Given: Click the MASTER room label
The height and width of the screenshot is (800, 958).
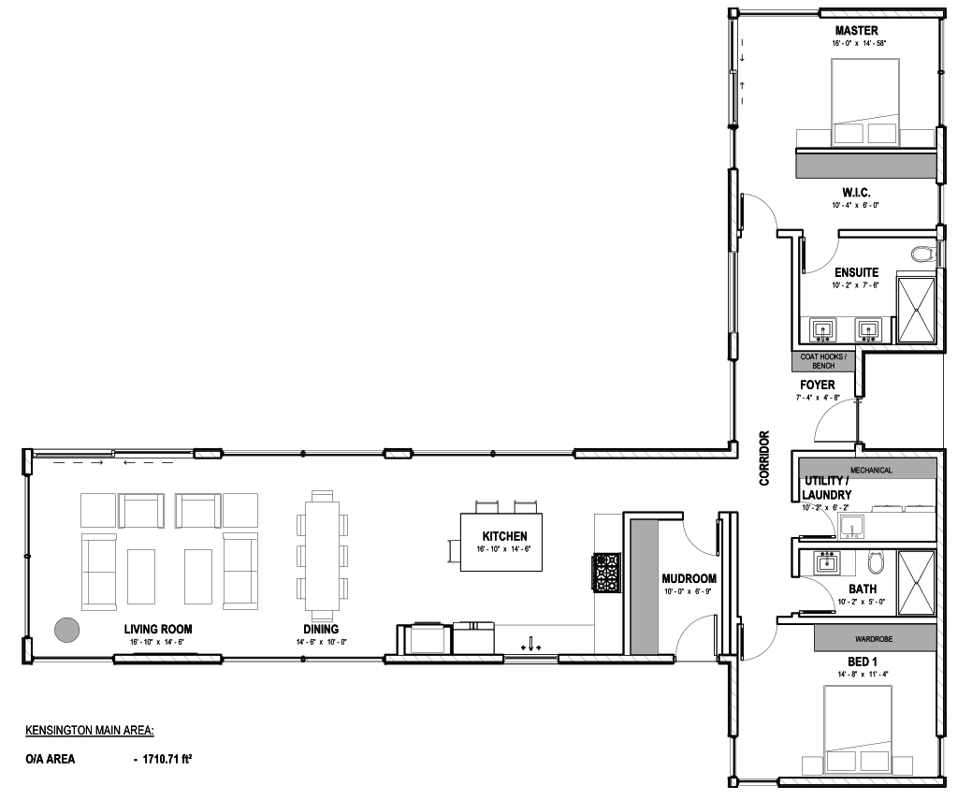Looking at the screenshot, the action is point(857,31).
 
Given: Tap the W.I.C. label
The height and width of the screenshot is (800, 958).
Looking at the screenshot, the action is point(856,193).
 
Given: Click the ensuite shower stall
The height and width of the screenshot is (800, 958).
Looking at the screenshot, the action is point(916,310).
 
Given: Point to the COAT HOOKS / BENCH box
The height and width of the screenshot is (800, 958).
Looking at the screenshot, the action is point(823,362).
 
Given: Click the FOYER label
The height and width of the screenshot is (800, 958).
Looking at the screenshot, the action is point(818,385).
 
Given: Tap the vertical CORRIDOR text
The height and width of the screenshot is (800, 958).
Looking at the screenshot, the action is point(764,458).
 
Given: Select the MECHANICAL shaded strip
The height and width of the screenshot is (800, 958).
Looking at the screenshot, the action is point(871,469).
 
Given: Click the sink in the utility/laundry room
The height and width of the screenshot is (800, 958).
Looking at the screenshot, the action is point(851,527).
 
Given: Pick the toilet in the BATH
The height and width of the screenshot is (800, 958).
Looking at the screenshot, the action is point(875,562).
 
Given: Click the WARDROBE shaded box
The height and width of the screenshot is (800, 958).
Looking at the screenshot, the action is point(875,639).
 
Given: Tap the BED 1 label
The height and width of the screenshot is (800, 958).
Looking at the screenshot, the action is point(862,662).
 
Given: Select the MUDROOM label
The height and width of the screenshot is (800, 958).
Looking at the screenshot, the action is point(689,579).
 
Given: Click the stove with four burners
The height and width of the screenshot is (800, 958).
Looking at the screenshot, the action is point(605,573).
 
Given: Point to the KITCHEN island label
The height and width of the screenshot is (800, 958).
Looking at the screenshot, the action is point(504,536).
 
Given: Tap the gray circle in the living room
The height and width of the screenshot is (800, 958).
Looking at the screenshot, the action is point(66,630).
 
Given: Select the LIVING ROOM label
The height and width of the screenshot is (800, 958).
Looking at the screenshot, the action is point(157,629).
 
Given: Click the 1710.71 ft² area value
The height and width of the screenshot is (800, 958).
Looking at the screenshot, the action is point(167,760).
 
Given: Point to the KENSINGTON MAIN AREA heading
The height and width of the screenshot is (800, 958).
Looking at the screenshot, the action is point(90,731).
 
